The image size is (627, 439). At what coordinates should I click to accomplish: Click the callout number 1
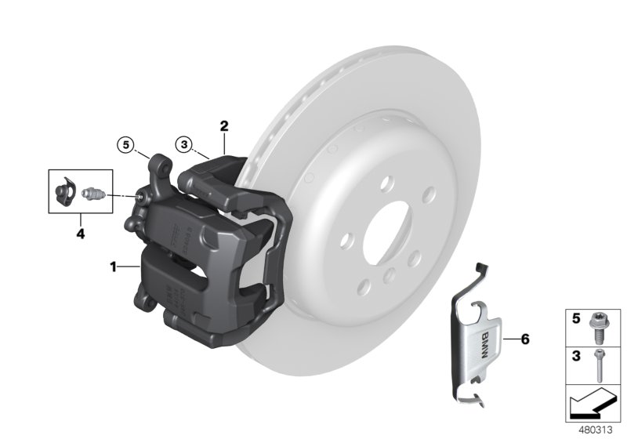click(114, 267)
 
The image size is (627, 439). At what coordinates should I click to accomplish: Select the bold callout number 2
click(223, 125)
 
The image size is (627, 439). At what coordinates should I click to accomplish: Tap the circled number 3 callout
click(183, 143)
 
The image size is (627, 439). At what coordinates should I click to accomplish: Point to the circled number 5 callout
click(125, 143)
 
